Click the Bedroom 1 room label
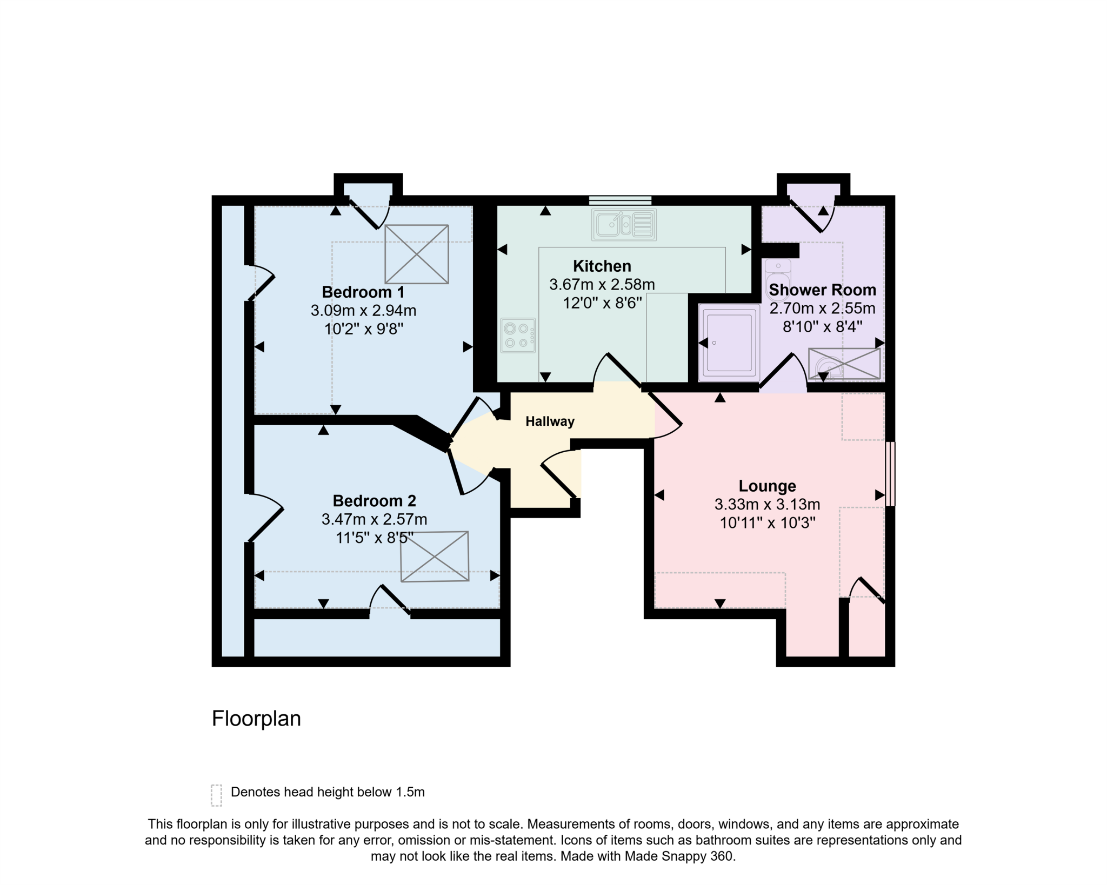(363, 292)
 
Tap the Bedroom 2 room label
(374, 501)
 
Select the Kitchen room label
(602, 266)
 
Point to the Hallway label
(550, 421)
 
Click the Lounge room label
(767, 486)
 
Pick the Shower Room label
(822, 290)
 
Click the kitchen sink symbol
(624, 225)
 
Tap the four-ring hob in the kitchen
(518, 335)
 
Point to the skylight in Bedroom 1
(416, 254)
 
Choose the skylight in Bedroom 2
(435, 557)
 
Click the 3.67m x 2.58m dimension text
(602, 284)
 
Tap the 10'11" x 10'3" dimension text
(768, 523)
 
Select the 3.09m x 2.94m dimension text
(363, 311)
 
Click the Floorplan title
(256, 719)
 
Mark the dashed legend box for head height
(216, 795)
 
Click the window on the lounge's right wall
(890, 474)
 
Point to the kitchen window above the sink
(620, 200)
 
